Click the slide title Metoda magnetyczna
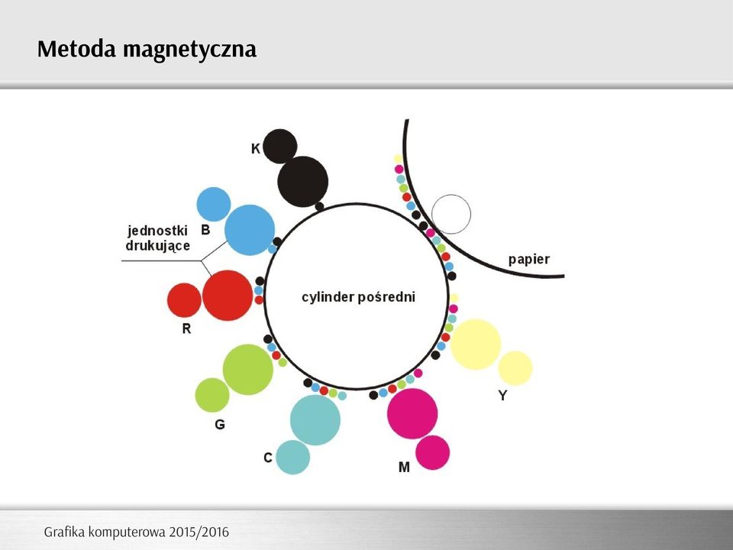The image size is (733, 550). point(147,50)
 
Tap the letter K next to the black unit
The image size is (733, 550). point(255,149)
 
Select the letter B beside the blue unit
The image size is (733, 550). point(205,230)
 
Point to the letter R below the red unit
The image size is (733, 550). point(186,328)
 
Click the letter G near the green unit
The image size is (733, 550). point(220,424)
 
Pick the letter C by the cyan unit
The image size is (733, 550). point(268,458)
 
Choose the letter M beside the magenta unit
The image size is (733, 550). point(404,467)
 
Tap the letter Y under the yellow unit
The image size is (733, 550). point(502,396)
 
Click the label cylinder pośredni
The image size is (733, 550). point(359,297)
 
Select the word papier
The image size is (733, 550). point(529,260)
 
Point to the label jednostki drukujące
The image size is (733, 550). point(157,238)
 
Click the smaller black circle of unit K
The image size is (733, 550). point(280,146)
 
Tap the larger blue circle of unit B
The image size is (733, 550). point(250,230)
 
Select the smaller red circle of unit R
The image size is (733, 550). point(184,299)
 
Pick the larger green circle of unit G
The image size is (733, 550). point(247,370)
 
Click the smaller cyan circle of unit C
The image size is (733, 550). point(292,457)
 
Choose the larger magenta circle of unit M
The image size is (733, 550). point(412,413)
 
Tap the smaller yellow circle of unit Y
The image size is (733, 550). point(515,368)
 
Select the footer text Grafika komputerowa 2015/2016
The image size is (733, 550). point(137,532)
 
